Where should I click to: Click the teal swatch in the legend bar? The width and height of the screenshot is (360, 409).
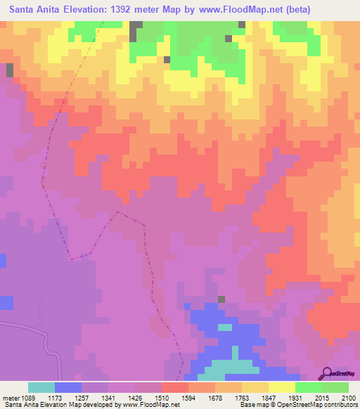click(41, 387)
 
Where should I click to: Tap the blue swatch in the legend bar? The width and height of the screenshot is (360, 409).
click(68, 387)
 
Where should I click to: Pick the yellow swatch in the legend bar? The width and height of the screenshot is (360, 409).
click(281, 387)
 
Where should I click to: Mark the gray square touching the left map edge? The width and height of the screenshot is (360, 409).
click(10, 70)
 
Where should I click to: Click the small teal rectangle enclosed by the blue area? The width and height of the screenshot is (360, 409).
click(225, 327)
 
